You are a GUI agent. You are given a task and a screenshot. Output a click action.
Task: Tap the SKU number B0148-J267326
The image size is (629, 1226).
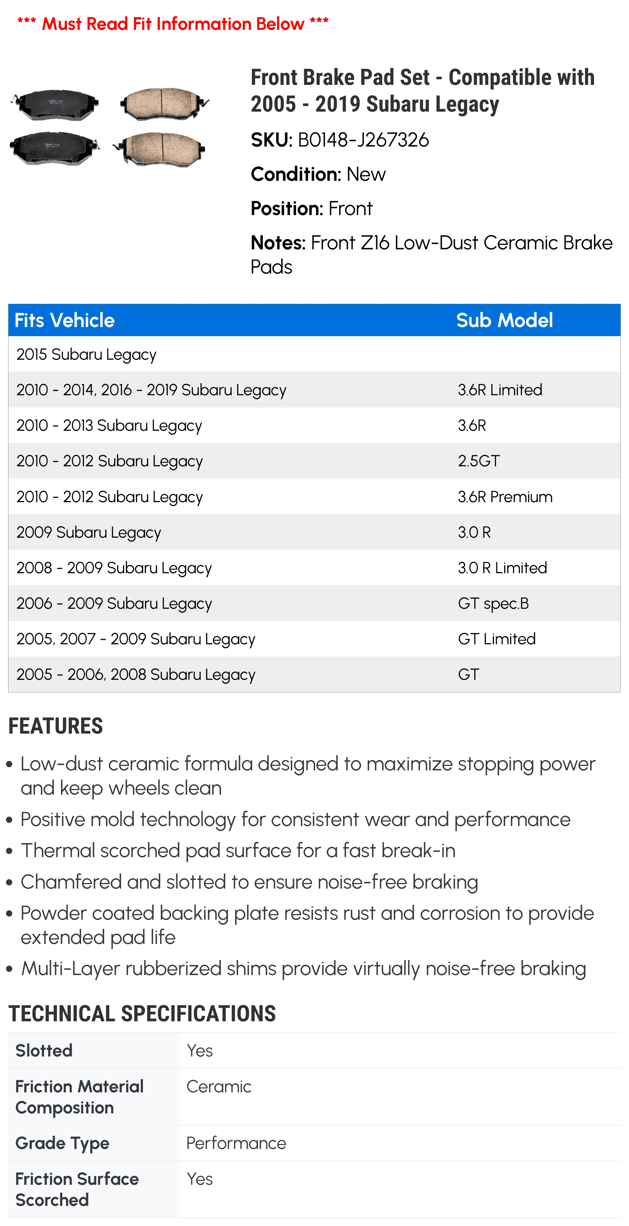pyautogui.click(x=363, y=140)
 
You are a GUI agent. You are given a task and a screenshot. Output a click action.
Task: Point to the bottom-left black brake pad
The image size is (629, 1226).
pyautogui.click(x=55, y=147)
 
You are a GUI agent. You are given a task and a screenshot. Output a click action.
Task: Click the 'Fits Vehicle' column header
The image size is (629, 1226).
pyautogui.click(x=65, y=320)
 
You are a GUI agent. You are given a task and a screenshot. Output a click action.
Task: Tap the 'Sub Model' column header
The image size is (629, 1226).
pyautogui.click(x=504, y=320)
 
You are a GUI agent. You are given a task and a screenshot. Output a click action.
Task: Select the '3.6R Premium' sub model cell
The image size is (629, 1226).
pyautogui.click(x=505, y=497)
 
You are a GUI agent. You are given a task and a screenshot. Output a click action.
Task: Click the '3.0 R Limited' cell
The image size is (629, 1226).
pyautogui.click(x=502, y=568)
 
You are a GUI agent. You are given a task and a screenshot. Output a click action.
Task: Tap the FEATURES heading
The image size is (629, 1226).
pyautogui.click(x=56, y=726)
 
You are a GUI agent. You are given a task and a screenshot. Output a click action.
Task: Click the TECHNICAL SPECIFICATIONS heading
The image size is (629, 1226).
pyautogui.click(x=142, y=1014)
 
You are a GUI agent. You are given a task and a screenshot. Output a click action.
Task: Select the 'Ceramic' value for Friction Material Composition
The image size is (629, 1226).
pyautogui.click(x=219, y=1087)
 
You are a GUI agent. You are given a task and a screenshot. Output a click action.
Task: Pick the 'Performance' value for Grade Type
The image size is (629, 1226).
pyautogui.click(x=236, y=1143)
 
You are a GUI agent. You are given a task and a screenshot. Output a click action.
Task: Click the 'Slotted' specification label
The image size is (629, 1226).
pyautogui.click(x=44, y=1050)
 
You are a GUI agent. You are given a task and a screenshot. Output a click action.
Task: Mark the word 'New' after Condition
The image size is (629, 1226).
pyautogui.click(x=366, y=174)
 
